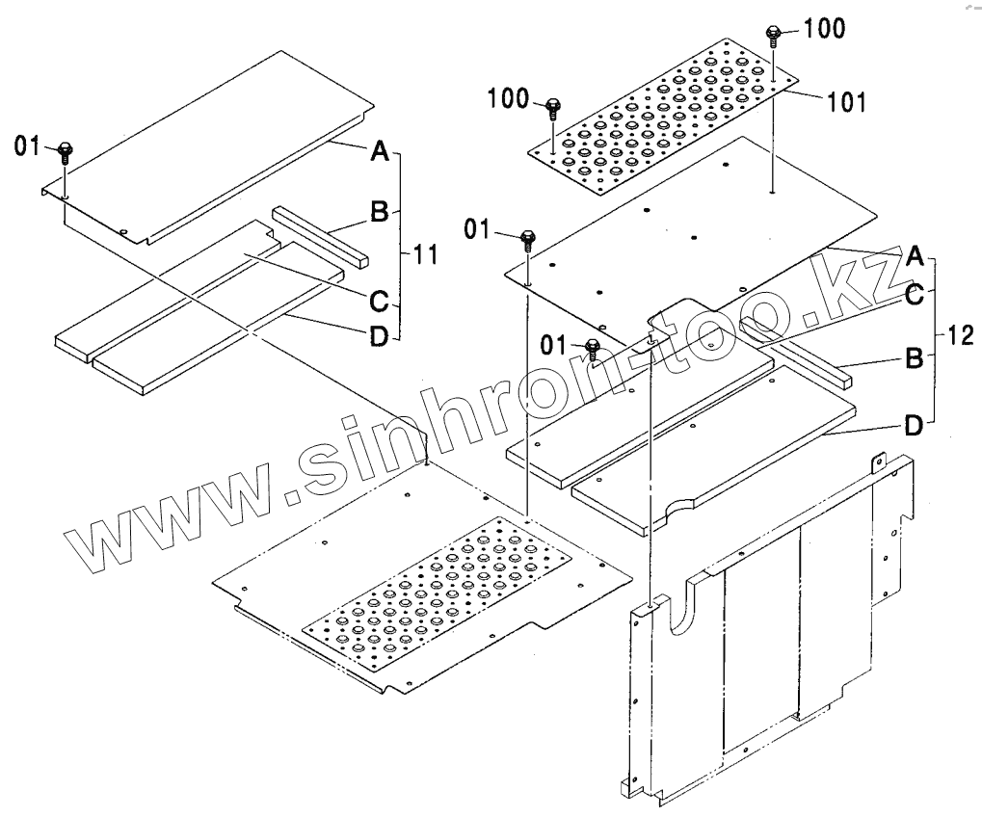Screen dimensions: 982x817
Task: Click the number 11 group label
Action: pos(425,255)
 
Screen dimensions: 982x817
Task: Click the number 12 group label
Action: pos(960,336)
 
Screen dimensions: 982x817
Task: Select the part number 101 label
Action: pos(846,99)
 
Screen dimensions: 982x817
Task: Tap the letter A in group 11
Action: pos(379,150)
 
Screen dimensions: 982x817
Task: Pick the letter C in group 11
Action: pos(379,300)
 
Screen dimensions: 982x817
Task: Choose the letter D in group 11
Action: pos(379,335)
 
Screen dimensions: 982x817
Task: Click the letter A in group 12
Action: pos(916,256)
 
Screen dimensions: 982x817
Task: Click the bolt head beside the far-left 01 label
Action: pos(65,150)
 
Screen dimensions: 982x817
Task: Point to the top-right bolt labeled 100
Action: pos(773,36)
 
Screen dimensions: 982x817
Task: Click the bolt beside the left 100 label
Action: pos(552,106)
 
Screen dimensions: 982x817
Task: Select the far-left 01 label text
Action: pos(27,145)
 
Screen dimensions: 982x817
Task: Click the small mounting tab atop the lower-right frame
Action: pos(879,461)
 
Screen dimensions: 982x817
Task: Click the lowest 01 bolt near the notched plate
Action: pos(594,348)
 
